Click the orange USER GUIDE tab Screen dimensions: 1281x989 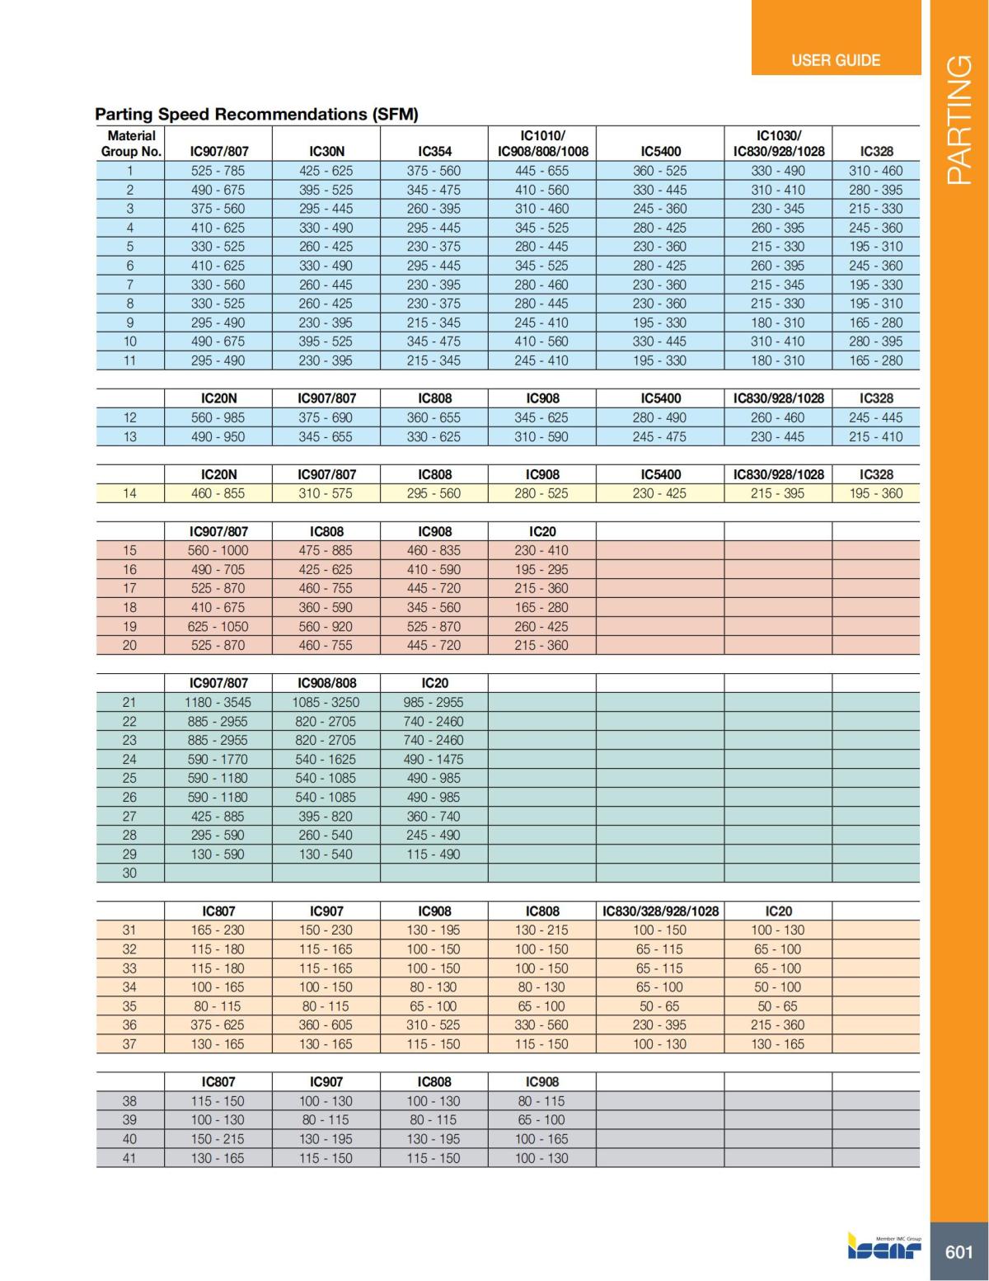[835, 60]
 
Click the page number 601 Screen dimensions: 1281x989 [959, 1251]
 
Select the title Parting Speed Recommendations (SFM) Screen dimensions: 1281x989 [256, 114]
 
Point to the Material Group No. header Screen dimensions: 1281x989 [131, 144]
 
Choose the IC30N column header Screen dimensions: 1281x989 [326, 152]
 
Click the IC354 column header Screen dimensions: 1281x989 [434, 152]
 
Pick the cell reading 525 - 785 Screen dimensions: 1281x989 [218, 171]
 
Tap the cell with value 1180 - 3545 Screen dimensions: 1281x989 [218, 703]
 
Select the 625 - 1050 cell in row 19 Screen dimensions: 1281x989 [218, 626]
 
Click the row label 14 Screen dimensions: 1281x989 [129, 493]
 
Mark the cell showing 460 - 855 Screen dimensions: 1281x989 [218, 493]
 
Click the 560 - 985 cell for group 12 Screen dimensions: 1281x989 [218, 417]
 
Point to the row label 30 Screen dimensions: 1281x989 [129, 873]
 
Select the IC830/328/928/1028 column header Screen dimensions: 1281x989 [660, 911]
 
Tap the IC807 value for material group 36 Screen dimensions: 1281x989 [218, 1025]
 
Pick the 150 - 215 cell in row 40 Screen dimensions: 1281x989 [218, 1139]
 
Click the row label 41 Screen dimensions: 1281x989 [129, 1158]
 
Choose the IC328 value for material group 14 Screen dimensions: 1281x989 [875, 493]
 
